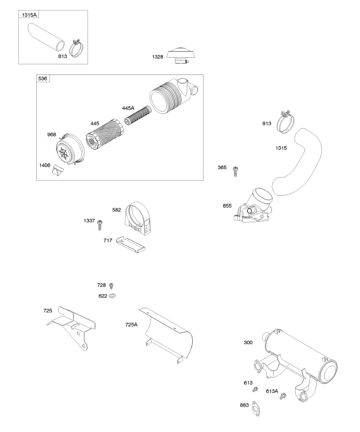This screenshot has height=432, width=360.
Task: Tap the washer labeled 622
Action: [113, 296]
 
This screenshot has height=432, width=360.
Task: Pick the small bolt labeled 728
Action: [112, 285]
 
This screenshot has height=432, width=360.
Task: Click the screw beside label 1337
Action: [100, 225]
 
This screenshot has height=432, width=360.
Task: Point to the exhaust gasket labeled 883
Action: [256, 409]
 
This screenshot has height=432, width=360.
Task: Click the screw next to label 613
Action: [256, 389]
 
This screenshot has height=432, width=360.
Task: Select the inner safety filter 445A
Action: [137, 115]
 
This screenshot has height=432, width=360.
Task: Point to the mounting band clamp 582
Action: [138, 218]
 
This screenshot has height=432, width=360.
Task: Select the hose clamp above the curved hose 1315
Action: [286, 122]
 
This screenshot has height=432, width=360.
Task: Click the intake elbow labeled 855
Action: [252, 209]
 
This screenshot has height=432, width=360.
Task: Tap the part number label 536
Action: [43, 78]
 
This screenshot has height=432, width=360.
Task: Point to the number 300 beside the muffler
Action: [248, 342]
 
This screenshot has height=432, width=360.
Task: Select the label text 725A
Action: [131, 324]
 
